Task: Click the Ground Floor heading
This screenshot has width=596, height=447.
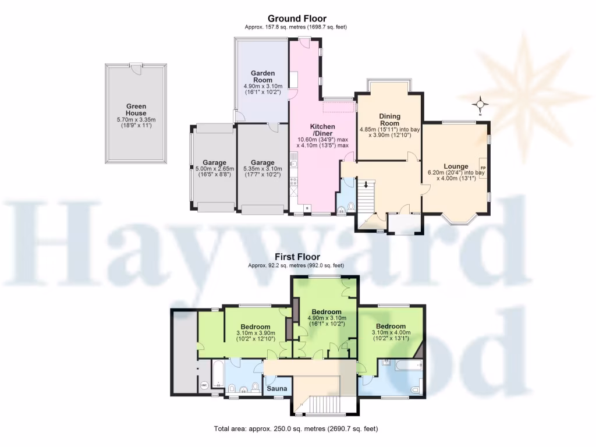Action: [297, 19]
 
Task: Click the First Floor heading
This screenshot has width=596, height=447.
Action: [297, 257]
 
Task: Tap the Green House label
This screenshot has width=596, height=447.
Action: [136, 109]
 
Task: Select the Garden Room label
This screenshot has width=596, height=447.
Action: [262, 76]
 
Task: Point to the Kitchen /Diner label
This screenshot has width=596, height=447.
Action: [322, 130]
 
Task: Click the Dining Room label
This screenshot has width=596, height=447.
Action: [390, 119]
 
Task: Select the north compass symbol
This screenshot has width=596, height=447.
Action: [481, 105]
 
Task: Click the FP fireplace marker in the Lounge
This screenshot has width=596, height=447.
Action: [483, 168]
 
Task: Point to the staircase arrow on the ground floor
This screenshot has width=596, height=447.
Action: [366, 186]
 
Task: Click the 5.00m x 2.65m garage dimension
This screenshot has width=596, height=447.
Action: [214, 172]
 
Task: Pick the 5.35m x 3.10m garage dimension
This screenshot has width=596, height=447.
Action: [262, 172]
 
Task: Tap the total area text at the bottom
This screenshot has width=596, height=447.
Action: [296, 429]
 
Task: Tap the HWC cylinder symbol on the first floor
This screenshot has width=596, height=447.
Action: [204, 385]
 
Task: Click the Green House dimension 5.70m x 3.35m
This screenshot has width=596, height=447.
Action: [136, 123]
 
